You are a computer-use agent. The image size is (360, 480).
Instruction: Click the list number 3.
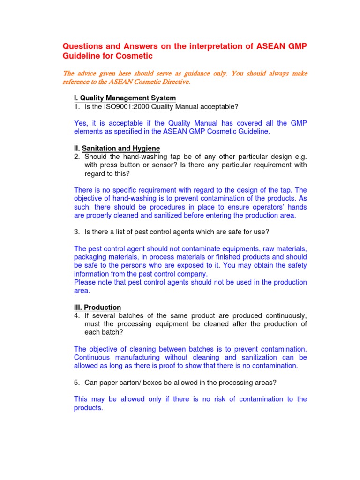[76, 232]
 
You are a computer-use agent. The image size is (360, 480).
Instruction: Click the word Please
[85, 282]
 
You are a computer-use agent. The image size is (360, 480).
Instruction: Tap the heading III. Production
[97, 307]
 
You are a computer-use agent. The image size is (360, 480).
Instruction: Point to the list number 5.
[76, 382]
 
